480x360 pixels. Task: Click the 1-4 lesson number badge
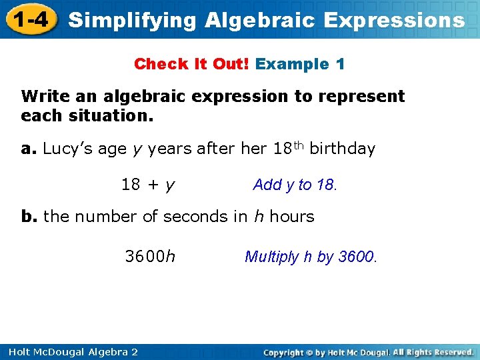[29, 19]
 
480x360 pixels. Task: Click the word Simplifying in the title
[133, 20]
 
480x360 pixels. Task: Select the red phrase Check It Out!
[191, 64]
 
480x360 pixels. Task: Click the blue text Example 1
[300, 64]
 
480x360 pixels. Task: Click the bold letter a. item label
[29, 149]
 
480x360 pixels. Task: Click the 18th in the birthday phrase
[289, 147]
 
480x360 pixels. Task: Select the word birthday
[343, 149]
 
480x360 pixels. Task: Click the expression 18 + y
[148, 185]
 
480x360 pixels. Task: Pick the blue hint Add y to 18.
[295, 185]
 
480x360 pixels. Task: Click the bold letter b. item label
[29, 217]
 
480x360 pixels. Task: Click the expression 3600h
[151, 257]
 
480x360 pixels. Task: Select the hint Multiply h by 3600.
[311, 257]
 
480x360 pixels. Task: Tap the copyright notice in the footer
[368, 351]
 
